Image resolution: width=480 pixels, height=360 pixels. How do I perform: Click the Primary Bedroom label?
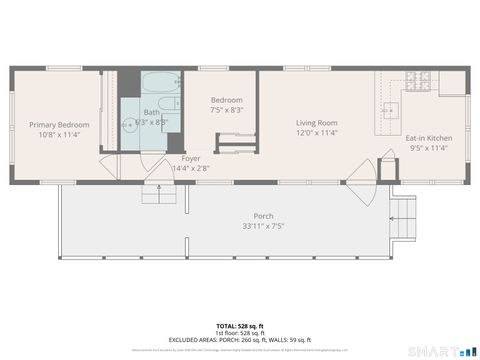point(58,124)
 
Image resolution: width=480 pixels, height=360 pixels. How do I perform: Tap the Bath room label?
point(151,112)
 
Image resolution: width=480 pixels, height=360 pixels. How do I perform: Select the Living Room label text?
point(316,123)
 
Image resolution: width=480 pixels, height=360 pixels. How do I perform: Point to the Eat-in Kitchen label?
point(429,138)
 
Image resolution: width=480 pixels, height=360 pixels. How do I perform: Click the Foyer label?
point(190,159)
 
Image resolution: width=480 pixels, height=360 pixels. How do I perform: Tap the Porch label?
point(263,216)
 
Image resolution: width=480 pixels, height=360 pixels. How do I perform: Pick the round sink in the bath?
point(129,125)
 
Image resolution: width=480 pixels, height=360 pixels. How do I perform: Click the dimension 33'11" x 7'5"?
point(263,226)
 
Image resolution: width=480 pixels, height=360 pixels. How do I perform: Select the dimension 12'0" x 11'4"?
point(316,133)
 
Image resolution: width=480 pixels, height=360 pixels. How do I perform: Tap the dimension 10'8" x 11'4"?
point(58,134)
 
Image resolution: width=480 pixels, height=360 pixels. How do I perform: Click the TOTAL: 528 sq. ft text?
point(240,326)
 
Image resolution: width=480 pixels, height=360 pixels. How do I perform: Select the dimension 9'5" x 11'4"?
point(429,148)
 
